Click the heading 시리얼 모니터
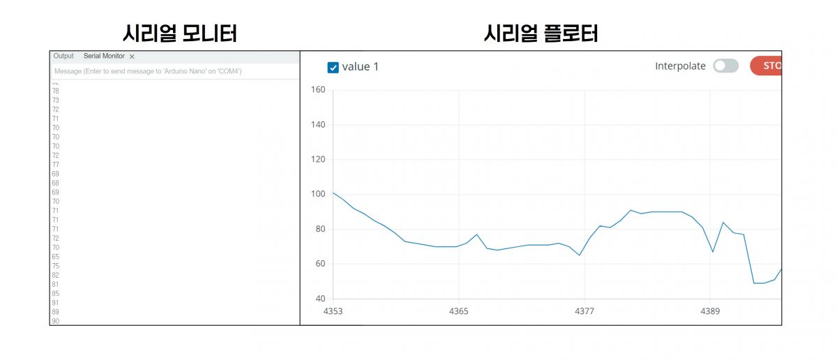pos(180,33)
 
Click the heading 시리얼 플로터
pos(541,33)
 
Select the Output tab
pos(63,56)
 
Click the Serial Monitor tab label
pos(104,56)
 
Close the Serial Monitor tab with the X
pos(132,57)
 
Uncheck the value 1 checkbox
pos(333,67)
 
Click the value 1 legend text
pos(361,67)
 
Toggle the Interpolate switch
pos(725,66)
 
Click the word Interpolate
pos(680,66)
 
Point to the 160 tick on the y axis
pos(318,89)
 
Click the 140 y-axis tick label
pos(318,125)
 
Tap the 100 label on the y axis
pos(318,194)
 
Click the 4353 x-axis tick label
pos(333,311)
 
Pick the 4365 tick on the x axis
pos(458,311)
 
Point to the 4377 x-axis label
pos(585,311)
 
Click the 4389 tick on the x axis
pos(710,311)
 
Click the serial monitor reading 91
pos(55,303)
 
